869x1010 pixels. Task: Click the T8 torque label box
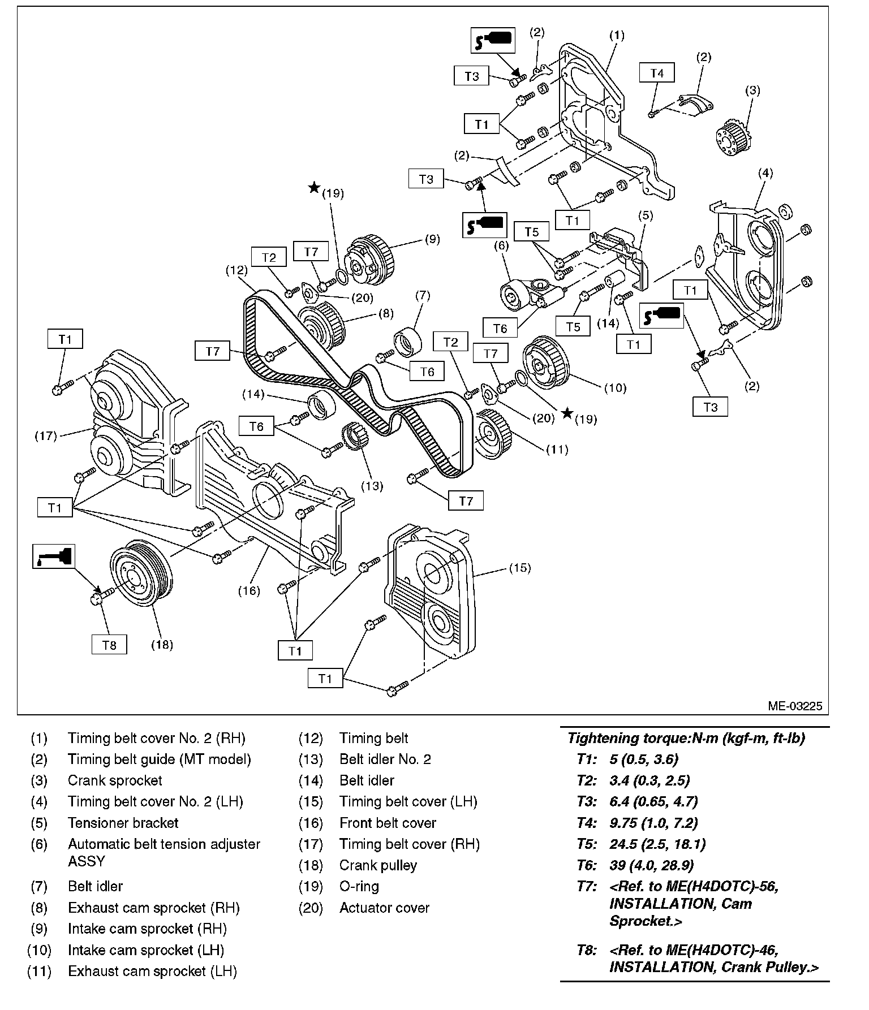109,644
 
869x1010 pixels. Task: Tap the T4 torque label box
657,73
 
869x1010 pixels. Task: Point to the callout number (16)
248,591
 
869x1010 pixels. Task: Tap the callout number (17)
46,436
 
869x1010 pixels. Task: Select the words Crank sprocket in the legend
115,780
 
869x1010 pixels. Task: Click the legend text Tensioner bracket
123,823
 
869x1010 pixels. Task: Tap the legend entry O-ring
359,886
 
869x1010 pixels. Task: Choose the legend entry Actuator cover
384,908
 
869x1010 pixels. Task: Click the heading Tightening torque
686,738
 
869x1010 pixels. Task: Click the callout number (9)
432,239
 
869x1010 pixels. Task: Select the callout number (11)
557,450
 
